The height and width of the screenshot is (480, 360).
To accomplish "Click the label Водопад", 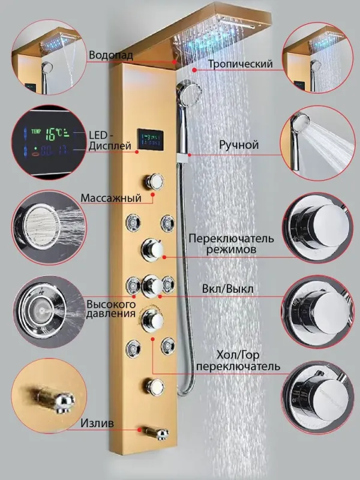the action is [111, 55].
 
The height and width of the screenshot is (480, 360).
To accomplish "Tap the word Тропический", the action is [241, 64].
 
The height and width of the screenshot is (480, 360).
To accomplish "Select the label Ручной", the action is [239, 145].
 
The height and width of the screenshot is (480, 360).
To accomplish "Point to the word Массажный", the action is [111, 198].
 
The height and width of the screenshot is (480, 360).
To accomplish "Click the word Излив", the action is [97, 424].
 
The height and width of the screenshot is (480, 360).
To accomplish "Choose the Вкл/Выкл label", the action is [228, 289].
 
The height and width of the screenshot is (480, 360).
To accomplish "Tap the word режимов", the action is [231, 249].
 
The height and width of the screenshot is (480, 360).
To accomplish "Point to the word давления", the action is [110, 314].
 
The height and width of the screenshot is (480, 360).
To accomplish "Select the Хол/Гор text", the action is [233, 355].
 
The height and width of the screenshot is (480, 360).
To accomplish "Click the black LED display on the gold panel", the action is [150, 139].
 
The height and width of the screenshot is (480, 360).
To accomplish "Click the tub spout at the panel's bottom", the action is [155, 433].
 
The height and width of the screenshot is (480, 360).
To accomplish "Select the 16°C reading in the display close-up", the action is [55, 134].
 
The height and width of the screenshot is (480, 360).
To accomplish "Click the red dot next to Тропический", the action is [194, 70].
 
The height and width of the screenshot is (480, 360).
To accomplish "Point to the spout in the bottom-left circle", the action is [53, 399].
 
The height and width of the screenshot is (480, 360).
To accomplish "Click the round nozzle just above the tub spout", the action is [155, 386].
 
